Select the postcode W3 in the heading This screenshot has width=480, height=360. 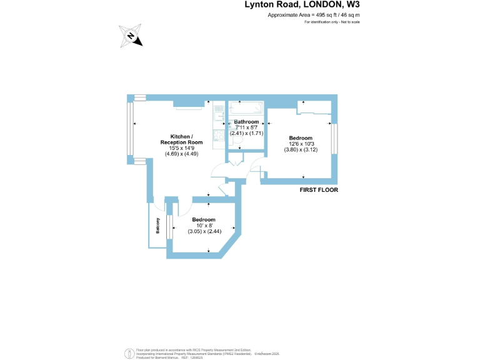(x=354, y=5)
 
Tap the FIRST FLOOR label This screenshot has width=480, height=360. (x=319, y=189)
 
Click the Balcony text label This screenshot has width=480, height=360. (x=158, y=226)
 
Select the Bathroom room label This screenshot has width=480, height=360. (x=246, y=121)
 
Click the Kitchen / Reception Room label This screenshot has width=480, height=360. (x=181, y=139)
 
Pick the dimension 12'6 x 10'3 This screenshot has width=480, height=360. (x=301, y=144)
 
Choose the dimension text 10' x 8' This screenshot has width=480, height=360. (x=204, y=226)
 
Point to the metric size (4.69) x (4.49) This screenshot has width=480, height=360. (x=181, y=154)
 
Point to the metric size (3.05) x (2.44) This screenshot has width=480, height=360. (x=204, y=231)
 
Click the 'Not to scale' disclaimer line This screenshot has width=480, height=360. (x=332, y=22)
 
